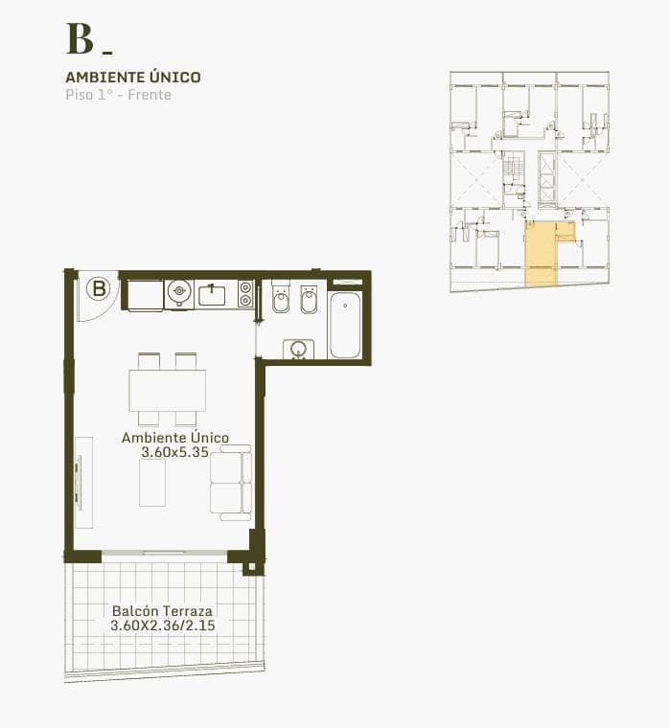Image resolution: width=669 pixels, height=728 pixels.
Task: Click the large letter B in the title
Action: coord(80,38)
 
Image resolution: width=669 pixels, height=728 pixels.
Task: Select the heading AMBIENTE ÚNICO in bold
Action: coord(133,77)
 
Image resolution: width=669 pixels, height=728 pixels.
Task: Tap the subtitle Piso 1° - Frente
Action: coord(118,95)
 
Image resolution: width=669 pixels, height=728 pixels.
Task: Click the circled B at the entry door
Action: coord(99,287)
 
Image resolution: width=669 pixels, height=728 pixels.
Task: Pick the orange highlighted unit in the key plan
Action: coord(542,257)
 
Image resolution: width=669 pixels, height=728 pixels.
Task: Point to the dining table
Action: coord(167,390)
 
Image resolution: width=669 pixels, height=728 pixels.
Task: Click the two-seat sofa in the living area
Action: coord(231,483)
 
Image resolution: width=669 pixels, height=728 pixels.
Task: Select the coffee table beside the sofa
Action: coord(152,483)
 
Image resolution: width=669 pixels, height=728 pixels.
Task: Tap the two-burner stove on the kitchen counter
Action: coord(245,294)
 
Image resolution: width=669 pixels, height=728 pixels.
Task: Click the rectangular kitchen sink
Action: coord(212,295)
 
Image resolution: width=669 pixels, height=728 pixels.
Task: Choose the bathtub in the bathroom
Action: coord(345,325)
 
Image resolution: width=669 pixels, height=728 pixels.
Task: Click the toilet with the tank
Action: coord(281,300)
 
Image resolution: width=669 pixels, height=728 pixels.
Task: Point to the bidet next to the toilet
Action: coord(309,300)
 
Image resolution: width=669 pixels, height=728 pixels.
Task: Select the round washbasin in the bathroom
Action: coord(298,349)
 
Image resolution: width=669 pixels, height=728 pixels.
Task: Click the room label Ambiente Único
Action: coord(174,438)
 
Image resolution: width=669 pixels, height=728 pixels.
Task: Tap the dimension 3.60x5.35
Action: coord(174,451)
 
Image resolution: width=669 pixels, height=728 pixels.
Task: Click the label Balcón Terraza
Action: coord(162,611)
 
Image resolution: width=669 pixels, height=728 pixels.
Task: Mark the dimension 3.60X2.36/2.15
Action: coord(162,626)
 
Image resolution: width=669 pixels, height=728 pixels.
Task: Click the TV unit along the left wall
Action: coord(84,483)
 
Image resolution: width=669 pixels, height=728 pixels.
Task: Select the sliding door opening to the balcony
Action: coord(164,553)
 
